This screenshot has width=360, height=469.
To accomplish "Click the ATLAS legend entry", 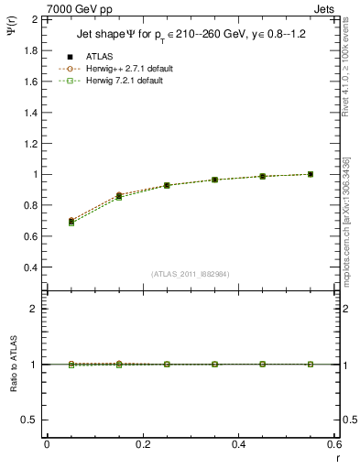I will click(99, 57).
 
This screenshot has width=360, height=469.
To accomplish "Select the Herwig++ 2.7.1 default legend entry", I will click(123, 69).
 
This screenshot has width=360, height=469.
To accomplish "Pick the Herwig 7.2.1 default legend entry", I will click(121, 81).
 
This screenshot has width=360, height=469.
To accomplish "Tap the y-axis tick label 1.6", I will click(29, 82).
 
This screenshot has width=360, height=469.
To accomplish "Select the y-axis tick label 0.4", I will click(29, 267).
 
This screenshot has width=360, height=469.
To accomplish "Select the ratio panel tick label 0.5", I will click(29, 420).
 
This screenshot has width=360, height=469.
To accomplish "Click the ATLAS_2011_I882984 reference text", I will click(191, 274).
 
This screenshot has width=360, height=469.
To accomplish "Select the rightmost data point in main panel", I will click(311, 174).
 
